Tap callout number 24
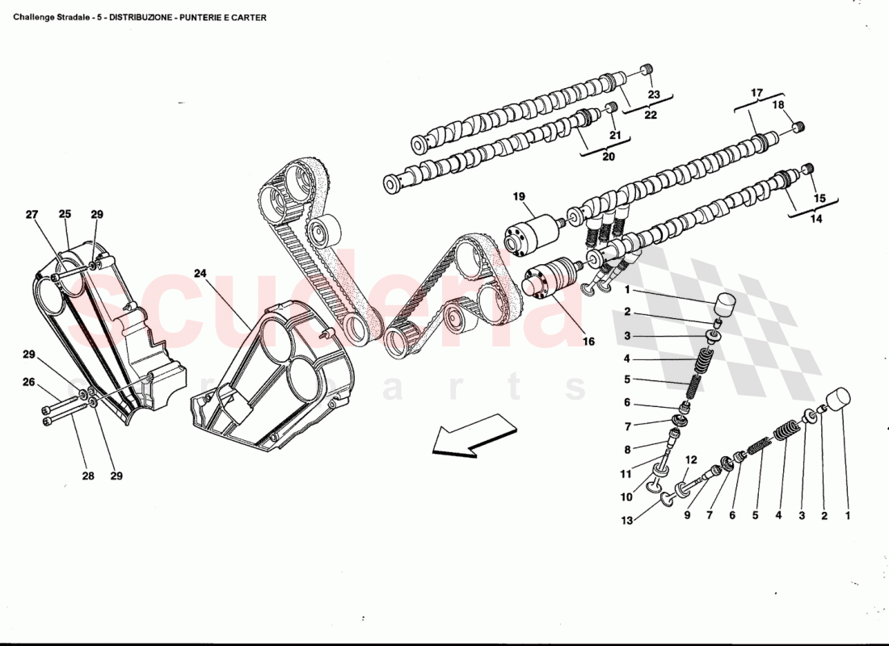200,274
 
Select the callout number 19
518,196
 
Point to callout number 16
588,342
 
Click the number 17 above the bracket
756,94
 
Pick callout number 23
653,94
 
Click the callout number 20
608,157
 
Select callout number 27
32,215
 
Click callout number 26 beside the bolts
28,382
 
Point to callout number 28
87,476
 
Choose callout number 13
627,521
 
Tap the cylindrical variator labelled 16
547,278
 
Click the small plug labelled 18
798,126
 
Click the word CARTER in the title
250,17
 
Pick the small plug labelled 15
807,170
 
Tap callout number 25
65,215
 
